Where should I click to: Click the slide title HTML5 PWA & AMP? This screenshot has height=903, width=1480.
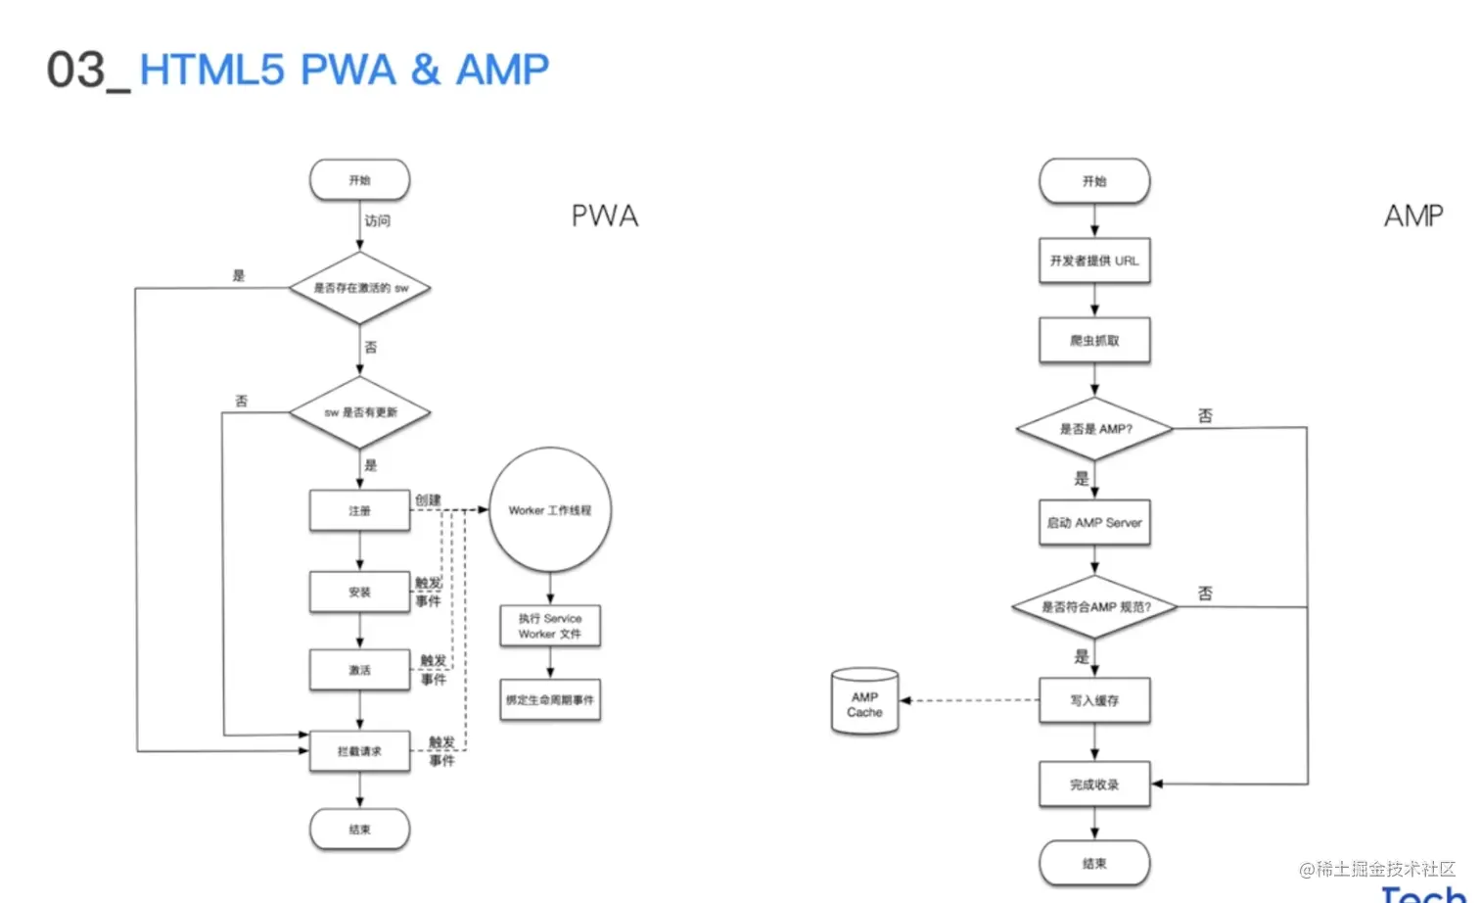344,71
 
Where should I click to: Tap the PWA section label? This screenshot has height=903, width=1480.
605,216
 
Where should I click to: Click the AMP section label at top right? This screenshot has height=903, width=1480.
1412,216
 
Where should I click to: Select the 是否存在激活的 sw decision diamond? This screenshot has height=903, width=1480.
360,288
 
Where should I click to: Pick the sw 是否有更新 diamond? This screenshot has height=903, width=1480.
360,412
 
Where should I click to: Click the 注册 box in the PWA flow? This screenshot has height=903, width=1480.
359,511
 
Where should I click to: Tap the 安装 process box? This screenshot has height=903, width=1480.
359,593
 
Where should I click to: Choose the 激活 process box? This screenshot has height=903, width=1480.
359,671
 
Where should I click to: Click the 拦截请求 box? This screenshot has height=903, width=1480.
359,751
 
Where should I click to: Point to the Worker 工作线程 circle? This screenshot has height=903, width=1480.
550,510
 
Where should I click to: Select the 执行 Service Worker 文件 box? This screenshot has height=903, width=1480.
550,627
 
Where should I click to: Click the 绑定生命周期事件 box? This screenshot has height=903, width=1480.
550,700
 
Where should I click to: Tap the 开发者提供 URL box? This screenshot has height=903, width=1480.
1094,261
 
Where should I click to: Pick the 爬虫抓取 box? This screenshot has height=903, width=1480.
1094,341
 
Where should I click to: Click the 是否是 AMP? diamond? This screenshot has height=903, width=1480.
1095,429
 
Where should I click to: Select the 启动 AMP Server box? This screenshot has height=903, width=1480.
1094,523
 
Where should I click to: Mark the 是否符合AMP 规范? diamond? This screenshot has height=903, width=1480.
1095,607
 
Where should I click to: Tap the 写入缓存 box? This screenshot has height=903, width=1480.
1094,701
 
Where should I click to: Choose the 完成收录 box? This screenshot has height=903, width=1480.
1094,784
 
